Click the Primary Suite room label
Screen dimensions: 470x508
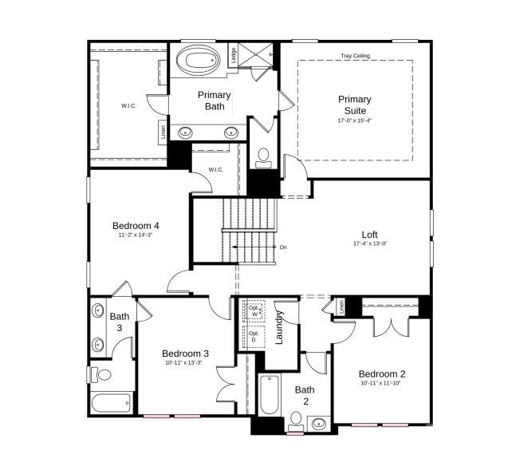[x=354, y=105]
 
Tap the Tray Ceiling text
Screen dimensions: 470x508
[x=355, y=56]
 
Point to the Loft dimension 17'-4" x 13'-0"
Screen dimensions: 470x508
[x=370, y=243]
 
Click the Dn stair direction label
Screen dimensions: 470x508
[x=282, y=247]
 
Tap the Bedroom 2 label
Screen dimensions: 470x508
[x=382, y=374]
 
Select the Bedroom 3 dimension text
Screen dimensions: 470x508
[x=185, y=363]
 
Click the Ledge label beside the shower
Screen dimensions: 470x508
[x=233, y=56]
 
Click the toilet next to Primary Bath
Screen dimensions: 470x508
[x=264, y=157]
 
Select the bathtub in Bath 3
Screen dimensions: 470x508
[x=111, y=403]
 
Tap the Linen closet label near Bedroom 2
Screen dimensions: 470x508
[x=341, y=306]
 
